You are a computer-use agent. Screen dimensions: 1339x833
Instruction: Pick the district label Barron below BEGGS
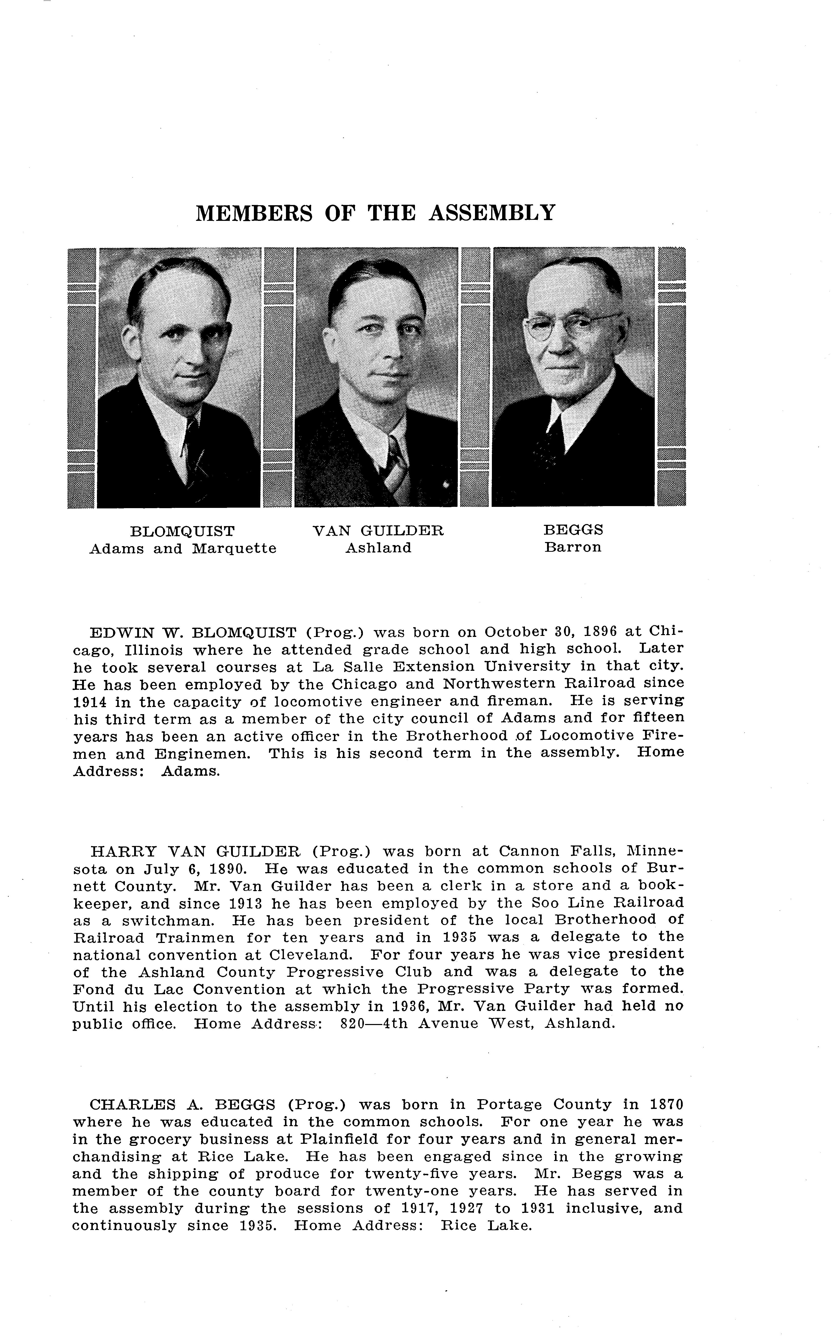point(573,548)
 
